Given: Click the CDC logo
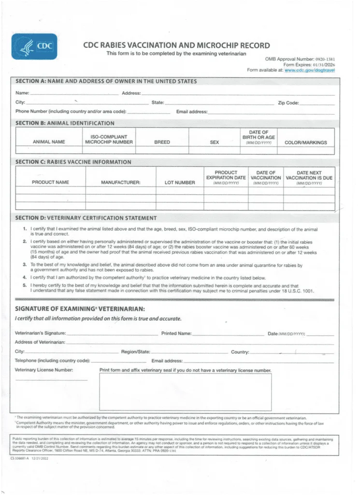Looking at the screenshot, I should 34,46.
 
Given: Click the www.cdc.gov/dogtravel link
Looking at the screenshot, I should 310,70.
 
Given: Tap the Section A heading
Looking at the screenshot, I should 106,81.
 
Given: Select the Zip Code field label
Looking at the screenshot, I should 288,102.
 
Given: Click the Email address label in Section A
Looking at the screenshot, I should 192,112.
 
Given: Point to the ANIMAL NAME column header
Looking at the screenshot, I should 49,142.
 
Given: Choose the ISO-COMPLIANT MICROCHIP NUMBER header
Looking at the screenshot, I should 109,140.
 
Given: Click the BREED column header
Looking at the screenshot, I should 162,142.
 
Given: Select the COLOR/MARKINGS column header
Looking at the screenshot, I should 305,142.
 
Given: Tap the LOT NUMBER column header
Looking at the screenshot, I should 179,182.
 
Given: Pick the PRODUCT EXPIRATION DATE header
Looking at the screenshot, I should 226,177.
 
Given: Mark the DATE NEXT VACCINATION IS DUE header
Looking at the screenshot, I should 309,177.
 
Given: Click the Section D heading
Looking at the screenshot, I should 86,218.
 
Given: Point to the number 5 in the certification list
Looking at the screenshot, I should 24,286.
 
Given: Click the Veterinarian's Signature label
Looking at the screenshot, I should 41,334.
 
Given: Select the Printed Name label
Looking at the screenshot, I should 176,334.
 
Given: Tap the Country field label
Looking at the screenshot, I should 240,352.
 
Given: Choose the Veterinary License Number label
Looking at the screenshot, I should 44,370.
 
